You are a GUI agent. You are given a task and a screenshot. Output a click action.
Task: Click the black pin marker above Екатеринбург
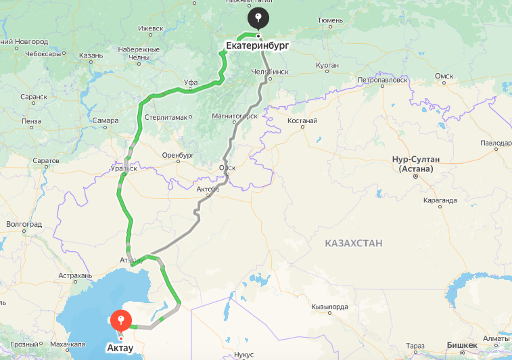pyautogui.click(x=258, y=18)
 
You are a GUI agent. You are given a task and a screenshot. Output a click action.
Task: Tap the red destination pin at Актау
pyautogui.click(x=120, y=319)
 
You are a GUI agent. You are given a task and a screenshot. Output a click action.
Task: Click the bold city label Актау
pyautogui.click(x=121, y=348)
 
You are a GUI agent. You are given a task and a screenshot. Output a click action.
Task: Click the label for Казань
pyautogui.click(x=90, y=55)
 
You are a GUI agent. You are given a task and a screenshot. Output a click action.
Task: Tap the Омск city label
pyautogui.click(x=444, y=76)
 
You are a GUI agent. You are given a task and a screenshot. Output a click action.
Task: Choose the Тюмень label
pyautogui.click(x=330, y=21)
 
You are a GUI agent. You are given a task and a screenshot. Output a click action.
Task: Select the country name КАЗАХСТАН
pyautogui.click(x=353, y=243)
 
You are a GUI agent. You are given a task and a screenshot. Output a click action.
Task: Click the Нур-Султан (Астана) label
pyautogui.click(x=416, y=163)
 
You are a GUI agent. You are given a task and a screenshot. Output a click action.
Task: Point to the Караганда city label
pyautogui.click(x=440, y=200)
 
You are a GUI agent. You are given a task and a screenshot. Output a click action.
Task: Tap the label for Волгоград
pyautogui.click(x=24, y=223)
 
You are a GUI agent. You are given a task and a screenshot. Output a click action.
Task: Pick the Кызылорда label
pyautogui.click(x=329, y=307)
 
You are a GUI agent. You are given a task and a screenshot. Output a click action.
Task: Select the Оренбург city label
pyautogui.click(x=178, y=154)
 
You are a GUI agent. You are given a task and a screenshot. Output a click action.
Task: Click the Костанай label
pyautogui.click(x=302, y=120)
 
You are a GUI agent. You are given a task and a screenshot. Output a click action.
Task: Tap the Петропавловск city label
pyautogui.click(x=383, y=79)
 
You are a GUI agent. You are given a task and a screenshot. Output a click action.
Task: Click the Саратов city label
pyautogui.click(x=46, y=161)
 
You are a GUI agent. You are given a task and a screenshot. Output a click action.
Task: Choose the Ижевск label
pyautogui.click(x=151, y=28)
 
